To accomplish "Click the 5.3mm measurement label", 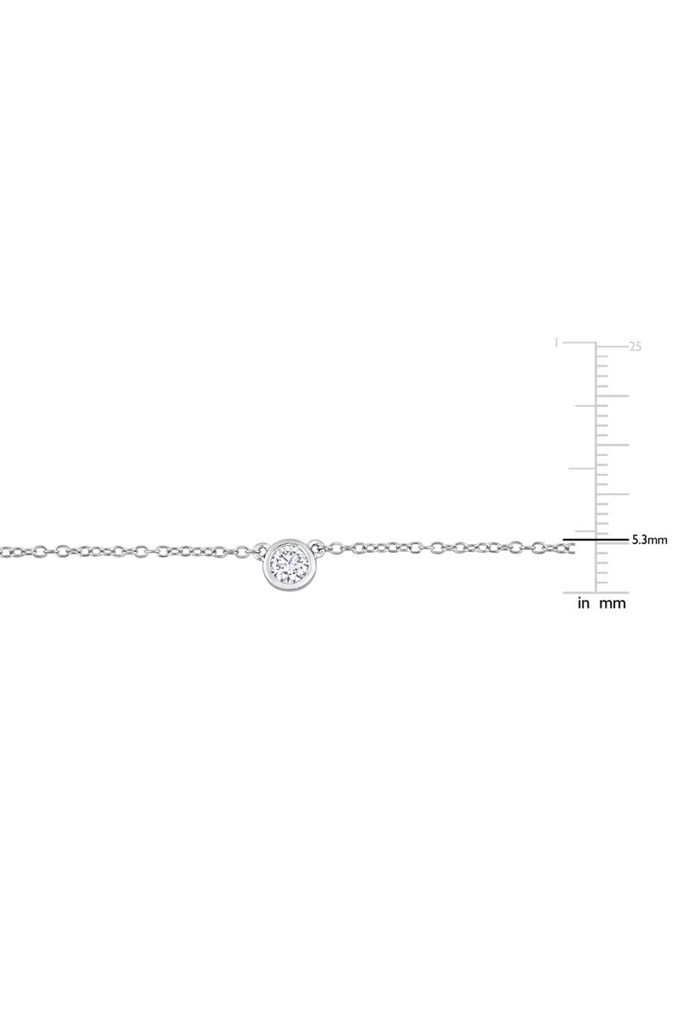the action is point(650,540).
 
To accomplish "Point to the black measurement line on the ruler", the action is point(595,540).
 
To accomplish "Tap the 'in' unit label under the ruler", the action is point(583,603).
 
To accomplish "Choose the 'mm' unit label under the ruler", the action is point(612,603).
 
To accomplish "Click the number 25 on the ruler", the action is point(636,347).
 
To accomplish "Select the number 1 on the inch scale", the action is point(557,342).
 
